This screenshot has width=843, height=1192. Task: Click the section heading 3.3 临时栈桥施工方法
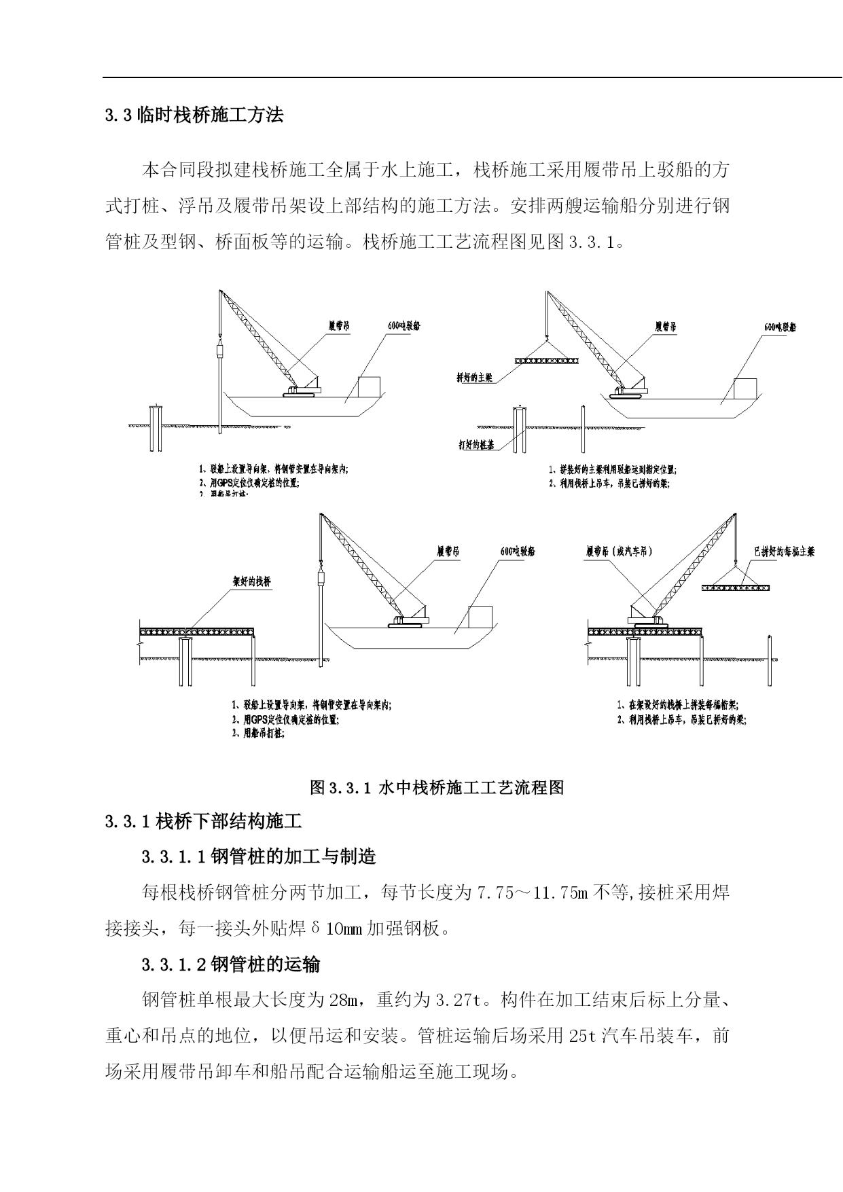[x=194, y=115]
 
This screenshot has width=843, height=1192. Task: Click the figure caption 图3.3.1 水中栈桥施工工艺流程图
[x=437, y=787]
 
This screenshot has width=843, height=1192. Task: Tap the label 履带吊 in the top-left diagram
[x=338, y=326]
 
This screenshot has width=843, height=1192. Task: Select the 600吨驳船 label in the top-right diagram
[x=779, y=327]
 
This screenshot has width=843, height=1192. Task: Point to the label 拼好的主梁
[x=474, y=378]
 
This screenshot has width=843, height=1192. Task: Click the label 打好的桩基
[x=476, y=446]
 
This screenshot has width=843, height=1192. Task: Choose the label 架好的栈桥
[x=251, y=583]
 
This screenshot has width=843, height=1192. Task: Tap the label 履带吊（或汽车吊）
[x=618, y=552]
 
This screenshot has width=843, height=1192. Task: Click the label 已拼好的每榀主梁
[x=783, y=552]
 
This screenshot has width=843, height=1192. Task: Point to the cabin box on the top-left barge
[x=370, y=386]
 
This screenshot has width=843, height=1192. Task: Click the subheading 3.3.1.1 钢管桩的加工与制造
[x=259, y=856]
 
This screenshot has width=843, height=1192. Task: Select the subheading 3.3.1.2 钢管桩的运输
[x=231, y=964]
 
